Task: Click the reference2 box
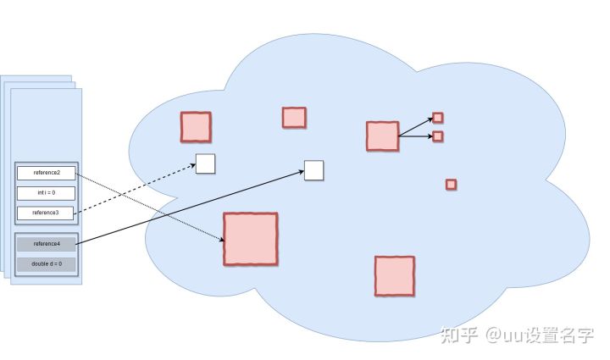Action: [x=47, y=173]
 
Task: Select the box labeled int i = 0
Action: [x=47, y=193]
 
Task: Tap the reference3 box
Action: [x=47, y=212]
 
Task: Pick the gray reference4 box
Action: [x=47, y=244]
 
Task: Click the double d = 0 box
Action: [x=47, y=264]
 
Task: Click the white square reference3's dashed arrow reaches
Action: [x=205, y=163]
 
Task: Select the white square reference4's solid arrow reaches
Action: [x=313, y=170]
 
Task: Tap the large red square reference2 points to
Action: [x=250, y=238]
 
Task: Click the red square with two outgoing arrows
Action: [x=382, y=136]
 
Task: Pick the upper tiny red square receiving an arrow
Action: [x=437, y=118]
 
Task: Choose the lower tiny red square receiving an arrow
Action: [x=438, y=136]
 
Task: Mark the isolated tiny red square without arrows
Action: [x=451, y=185]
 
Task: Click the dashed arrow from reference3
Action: [x=136, y=186]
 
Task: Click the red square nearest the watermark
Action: [x=394, y=276]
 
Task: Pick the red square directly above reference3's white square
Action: [x=195, y=126]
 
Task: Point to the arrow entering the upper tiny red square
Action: [x=415, y=127]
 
